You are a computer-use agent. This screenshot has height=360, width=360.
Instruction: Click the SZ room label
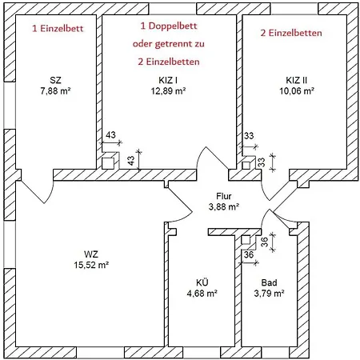point(55,80)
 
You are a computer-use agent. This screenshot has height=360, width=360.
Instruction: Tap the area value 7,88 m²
point(55,91)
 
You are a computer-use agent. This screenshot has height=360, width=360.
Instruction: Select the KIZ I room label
point(168,80)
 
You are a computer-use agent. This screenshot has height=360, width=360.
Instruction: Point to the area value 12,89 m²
point(168,91)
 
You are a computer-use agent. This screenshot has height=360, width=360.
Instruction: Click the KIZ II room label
point(297,80)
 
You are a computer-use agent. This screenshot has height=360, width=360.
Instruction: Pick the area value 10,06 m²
point(297,91)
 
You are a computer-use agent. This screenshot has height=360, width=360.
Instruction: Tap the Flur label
point(224,196)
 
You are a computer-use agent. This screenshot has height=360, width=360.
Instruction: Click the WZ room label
point(91,254)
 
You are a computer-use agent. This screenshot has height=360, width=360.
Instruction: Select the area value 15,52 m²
point(91,265)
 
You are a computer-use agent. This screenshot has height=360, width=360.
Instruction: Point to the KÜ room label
point(202,282)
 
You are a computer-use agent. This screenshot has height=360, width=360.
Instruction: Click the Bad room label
point(269,282)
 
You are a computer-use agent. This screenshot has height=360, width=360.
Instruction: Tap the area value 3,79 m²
point(269,294)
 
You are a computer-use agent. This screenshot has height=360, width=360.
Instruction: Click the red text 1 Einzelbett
point(58,29)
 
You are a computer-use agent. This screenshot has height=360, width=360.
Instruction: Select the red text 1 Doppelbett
point(169,26)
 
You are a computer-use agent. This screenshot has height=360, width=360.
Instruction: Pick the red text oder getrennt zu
point(169,44)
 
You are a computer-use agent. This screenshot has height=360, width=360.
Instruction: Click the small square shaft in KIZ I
point(108,163)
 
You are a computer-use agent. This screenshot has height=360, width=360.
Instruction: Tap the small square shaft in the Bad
point(246,240)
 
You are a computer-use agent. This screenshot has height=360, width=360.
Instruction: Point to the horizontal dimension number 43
point(110,135)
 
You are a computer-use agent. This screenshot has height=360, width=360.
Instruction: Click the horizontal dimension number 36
point(249,254)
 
